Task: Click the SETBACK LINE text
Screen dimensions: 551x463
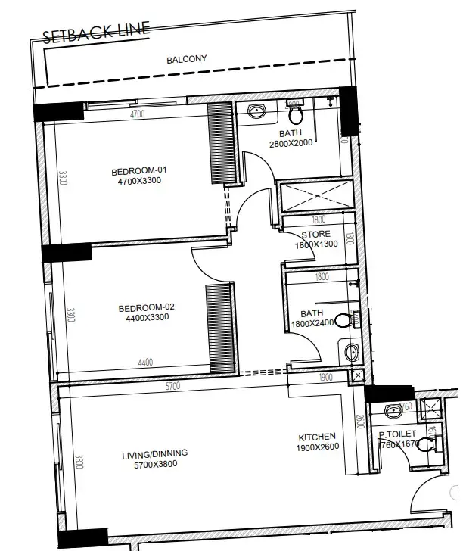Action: pyautogui.click(x=96, y=33)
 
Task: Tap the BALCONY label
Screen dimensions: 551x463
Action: pyautogui.click(x=186, y=59)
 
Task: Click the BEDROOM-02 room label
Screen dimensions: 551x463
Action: pyautogui.click(x=146, y=307)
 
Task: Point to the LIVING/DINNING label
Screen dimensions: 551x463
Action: pyautogui.click(x=154, y=453)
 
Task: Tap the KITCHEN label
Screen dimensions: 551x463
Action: pyautogui.click(x=317, y=437)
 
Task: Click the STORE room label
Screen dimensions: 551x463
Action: pyautogui.click(x=315, y=235)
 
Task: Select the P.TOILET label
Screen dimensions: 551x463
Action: pyautogui.click(x=398, y=434)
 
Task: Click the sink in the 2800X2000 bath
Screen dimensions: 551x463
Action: pyautogui.click(x=256, y=112)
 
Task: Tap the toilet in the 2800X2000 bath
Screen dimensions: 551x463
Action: pyautogui.click(x=296, y=114)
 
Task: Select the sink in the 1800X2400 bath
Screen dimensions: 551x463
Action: pyautogui.click(x=351, y=351)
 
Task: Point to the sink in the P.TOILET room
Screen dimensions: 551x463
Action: pyautogui.click(x=393, y=412)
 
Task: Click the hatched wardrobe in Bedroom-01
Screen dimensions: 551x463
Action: pyautogui.click(x=222, y=144)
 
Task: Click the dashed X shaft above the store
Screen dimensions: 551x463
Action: pyautogui.click(x=316, y=195)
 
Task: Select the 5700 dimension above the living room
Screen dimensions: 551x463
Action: pyautogui.click(x=173, y=386)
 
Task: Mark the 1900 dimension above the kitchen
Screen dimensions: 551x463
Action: pyautogui.click(x=325, y=378)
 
